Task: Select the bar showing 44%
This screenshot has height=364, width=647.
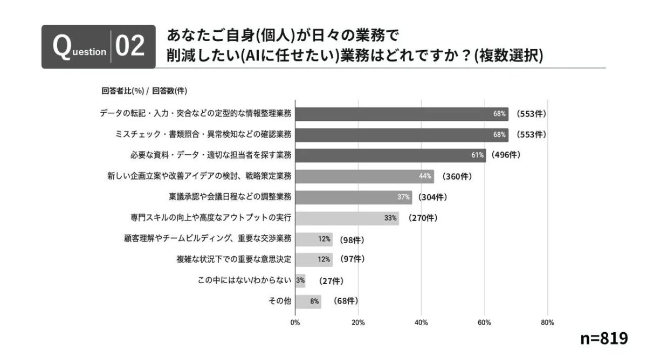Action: click(x=364, y=176)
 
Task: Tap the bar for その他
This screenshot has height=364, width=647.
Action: click(x=308, y=301)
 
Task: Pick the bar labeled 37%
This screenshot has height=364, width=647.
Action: click(x=353, y=197)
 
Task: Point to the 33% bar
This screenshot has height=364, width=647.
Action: click(x=347, y=218)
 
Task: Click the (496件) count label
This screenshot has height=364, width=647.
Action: click(x=505, y=155)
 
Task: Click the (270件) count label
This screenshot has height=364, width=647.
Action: click(x=422, y=218)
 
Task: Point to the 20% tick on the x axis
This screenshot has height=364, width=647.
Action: click(x=358, y=323)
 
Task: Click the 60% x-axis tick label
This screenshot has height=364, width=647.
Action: click(x=484, y=323)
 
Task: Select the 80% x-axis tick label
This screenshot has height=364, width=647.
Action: click(x=547, y=323)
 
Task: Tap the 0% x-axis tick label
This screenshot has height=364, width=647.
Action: click(x=295, y=323)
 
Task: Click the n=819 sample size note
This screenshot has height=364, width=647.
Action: click(x=604, y=339)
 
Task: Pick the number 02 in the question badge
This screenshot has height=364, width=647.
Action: click(x=130, y=47)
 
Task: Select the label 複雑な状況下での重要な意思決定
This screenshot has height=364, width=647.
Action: click(x=234, y=259)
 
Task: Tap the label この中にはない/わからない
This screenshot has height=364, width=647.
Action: click(x=245, y=280)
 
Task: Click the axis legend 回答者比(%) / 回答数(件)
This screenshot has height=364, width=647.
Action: click(x=144, y=91)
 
